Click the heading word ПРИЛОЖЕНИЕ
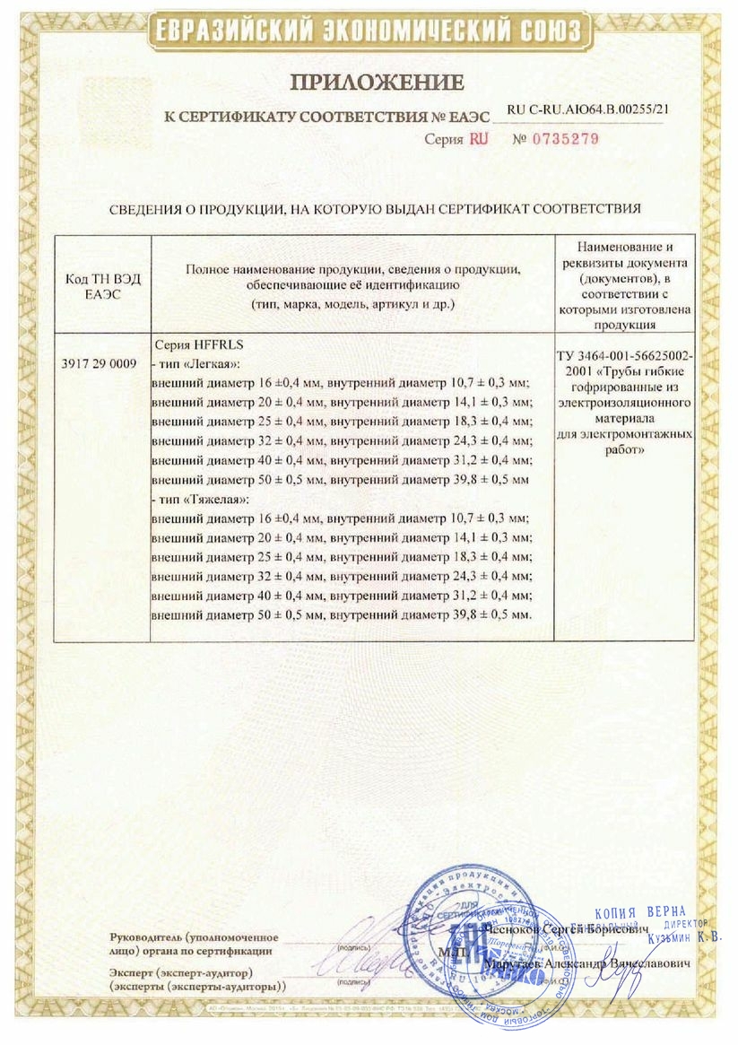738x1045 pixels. pyautogui.click(x=377, y=83)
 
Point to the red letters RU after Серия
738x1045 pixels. pyautogui.click(x=478, y=139)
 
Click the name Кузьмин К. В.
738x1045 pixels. pyautogui.click(x=682, y=936)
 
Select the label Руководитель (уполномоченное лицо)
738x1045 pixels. pyautogui.click(x=194, y=944)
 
